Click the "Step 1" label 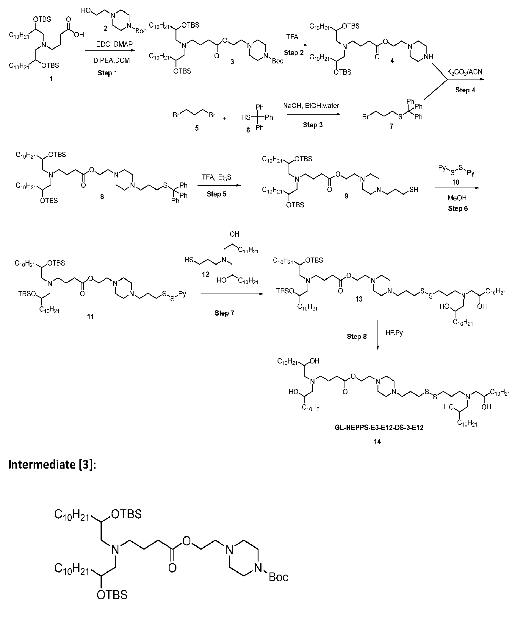point(107,73)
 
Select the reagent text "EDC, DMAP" point(114,44)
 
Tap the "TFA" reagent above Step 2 point(292,37)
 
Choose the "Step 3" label point(313,125)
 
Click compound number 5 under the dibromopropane point(197,128)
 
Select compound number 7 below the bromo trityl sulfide point(391,126)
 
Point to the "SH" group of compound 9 point(414,189)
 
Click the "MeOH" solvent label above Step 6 point(457,198)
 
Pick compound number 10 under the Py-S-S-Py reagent point(456,182)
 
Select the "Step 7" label point(224,313)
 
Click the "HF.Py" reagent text point(394,333)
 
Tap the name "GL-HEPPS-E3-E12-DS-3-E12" point(378,428)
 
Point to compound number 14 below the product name point(377,442)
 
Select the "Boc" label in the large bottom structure point(278,585)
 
